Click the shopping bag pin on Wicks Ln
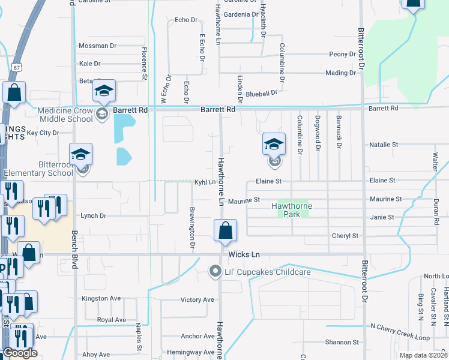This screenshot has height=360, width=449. click(225, 231)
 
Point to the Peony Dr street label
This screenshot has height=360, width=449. click(343, 54)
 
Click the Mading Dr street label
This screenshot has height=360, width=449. click(340, 73)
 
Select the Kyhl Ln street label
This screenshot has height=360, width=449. click(204, 181)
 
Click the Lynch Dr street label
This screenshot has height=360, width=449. click(93, 215)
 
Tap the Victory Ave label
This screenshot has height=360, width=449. click(197, 299)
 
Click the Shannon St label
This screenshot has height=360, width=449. click(342, 342)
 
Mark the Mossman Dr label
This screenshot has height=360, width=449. click(97, 46)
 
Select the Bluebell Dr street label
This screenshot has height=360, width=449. click(261, 93)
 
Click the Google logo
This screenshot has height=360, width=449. click(20, 353)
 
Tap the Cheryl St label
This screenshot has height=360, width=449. click(345, 236)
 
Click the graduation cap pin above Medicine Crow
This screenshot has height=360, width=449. click(104, 91)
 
